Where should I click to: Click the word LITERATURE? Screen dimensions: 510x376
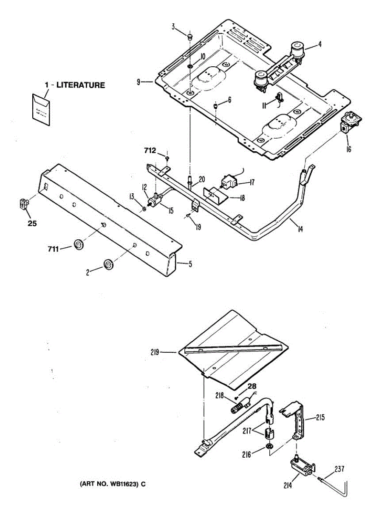tap(81, 85)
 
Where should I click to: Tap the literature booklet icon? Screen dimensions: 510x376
tap(41, 110)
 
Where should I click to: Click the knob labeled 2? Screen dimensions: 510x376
tap(108, 264)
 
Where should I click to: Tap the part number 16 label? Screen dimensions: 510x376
tap(348, 149)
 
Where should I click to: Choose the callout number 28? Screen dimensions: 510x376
tap(252, 387)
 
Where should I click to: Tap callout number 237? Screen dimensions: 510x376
tap(339, 469)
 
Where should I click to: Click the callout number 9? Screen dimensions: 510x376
tap(139, 81)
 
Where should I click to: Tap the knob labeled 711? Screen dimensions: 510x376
tap(79, 244)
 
